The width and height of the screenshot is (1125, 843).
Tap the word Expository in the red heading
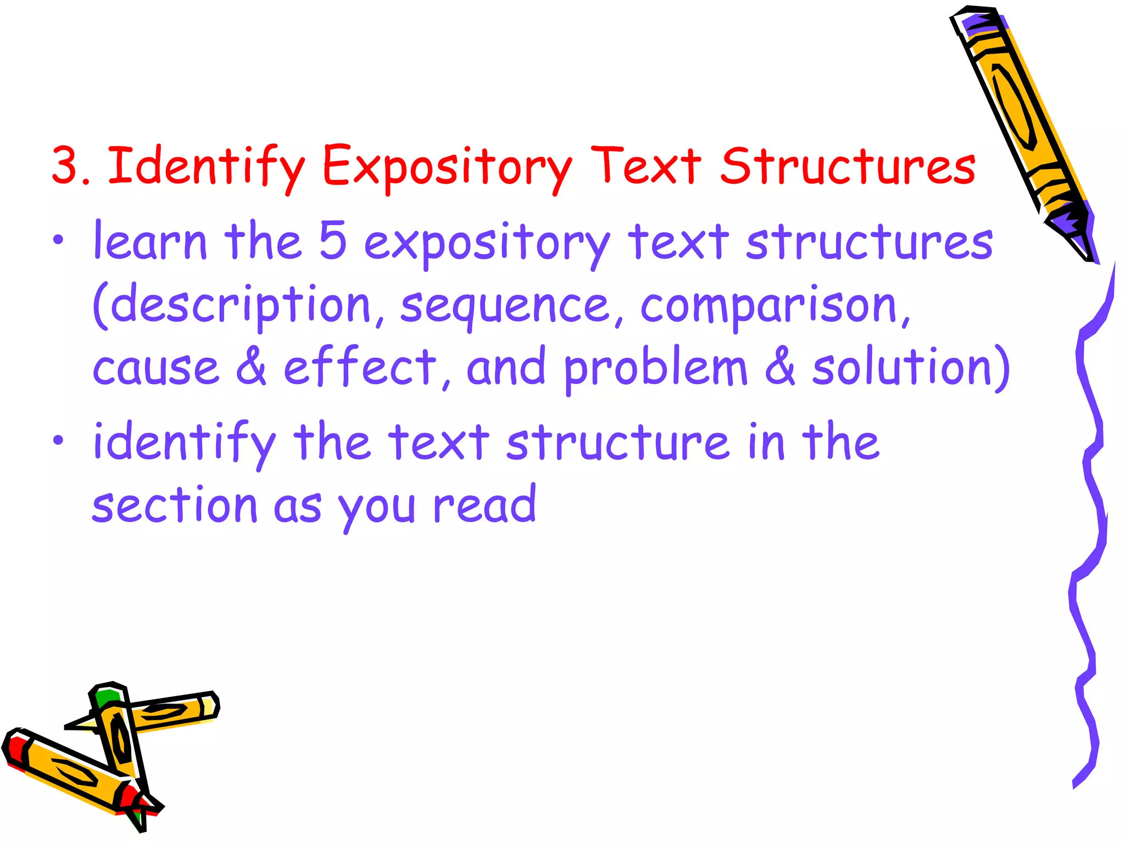point(447,166)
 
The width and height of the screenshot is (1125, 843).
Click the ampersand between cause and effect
point(251,366)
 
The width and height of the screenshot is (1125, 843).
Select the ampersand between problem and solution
point(780,366)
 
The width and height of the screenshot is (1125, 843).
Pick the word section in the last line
point(175,505)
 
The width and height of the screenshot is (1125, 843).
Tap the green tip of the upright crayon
point(107,696)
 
